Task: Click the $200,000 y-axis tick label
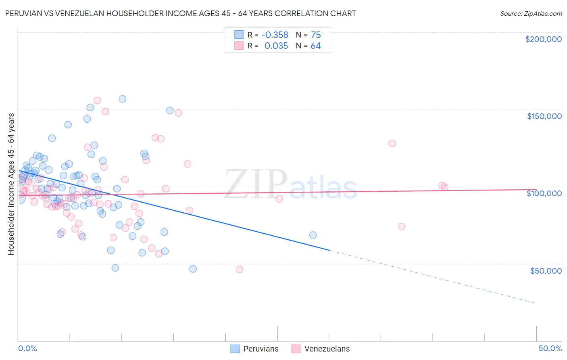point(543,39)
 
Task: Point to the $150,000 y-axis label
point(544,116)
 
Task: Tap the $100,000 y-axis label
point(544,193)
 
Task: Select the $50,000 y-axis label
point(546,270)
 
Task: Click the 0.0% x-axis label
point(27,348)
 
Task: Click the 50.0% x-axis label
point(550,348)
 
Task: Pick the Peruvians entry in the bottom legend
point(255,349)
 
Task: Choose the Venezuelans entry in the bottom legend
point(321,349)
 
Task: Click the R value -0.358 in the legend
point(275,35)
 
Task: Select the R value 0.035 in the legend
point(276,46)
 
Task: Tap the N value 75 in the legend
point(316,35)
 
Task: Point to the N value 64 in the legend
point(316,46)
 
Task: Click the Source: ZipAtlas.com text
point(531,13)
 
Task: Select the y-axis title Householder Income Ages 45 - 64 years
point(11,184)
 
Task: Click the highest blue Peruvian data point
point(122,99)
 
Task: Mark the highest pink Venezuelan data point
point(97,100)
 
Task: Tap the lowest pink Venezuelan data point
point(239,270)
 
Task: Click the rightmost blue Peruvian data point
point(313,235)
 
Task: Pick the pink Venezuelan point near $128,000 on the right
point(392,143)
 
